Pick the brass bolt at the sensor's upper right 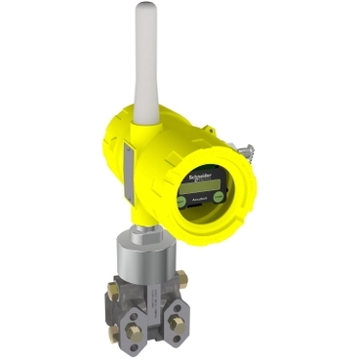181,278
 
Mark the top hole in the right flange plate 173,303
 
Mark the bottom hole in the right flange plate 173,333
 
